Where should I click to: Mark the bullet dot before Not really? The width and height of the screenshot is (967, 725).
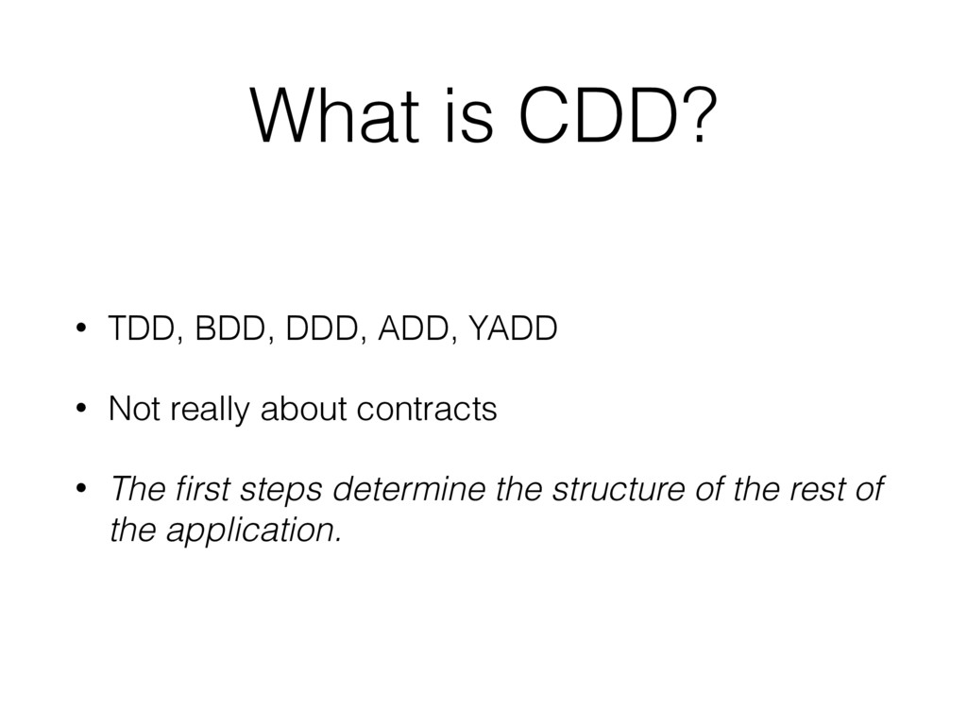click(x=82, y=411)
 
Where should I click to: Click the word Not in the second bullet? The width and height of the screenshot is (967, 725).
click(x=133, y=411)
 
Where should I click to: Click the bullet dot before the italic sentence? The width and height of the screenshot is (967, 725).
click(x=82, y=491)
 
